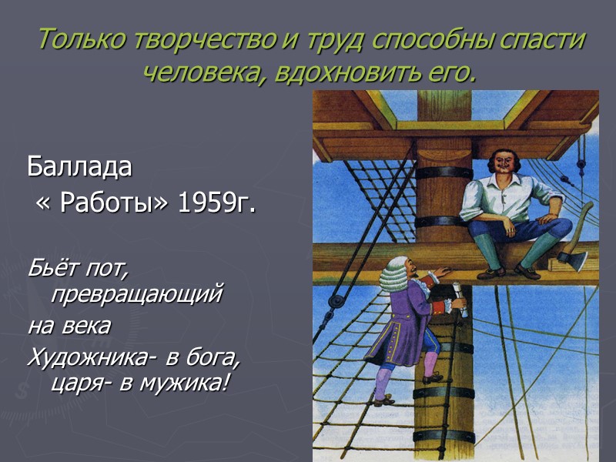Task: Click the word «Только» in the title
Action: (72, 39)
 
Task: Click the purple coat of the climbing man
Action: (404, 323)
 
